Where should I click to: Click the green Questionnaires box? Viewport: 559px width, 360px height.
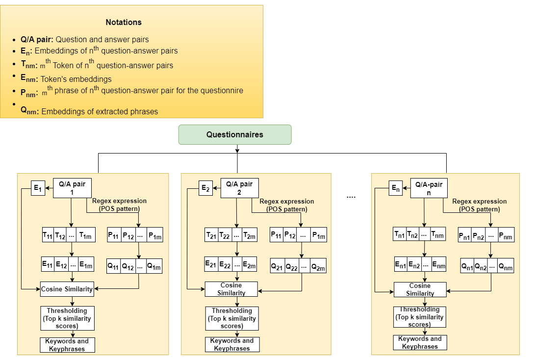click(x=235, y=134)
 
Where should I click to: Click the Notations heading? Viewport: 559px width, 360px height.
click(x=124, y=22)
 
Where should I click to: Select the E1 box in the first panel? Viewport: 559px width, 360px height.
click(x=37, y=188)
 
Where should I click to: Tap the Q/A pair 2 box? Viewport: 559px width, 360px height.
click(x=239, y=188)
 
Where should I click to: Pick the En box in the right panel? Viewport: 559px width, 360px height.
click(x=396, y=188)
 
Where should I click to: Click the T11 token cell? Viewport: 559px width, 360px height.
click(x=48, y=235)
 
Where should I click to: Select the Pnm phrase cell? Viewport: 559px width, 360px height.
click(x=506, y=235)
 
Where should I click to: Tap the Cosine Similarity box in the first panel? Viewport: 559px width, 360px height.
click(x=67, y=289)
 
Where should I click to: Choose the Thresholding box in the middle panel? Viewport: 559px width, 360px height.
click(x=231, y=318)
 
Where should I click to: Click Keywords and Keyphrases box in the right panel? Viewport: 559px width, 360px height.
click(x=420, y=342)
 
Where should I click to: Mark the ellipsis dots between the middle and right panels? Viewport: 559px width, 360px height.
click(x=351, y=196)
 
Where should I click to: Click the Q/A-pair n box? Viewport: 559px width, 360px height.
click(x=429, y=188)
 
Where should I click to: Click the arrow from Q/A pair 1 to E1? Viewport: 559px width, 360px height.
click(x=49, y=188)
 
